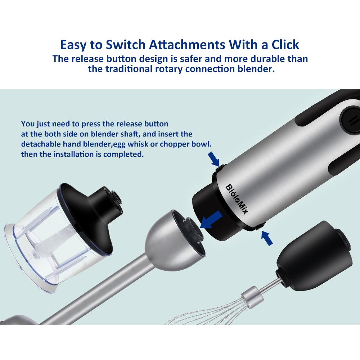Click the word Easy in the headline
pos(73,45)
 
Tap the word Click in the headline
pos(285,45)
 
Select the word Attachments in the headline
pos(187,45)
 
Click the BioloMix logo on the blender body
pos(237,199)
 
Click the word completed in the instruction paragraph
pos(123,154)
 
